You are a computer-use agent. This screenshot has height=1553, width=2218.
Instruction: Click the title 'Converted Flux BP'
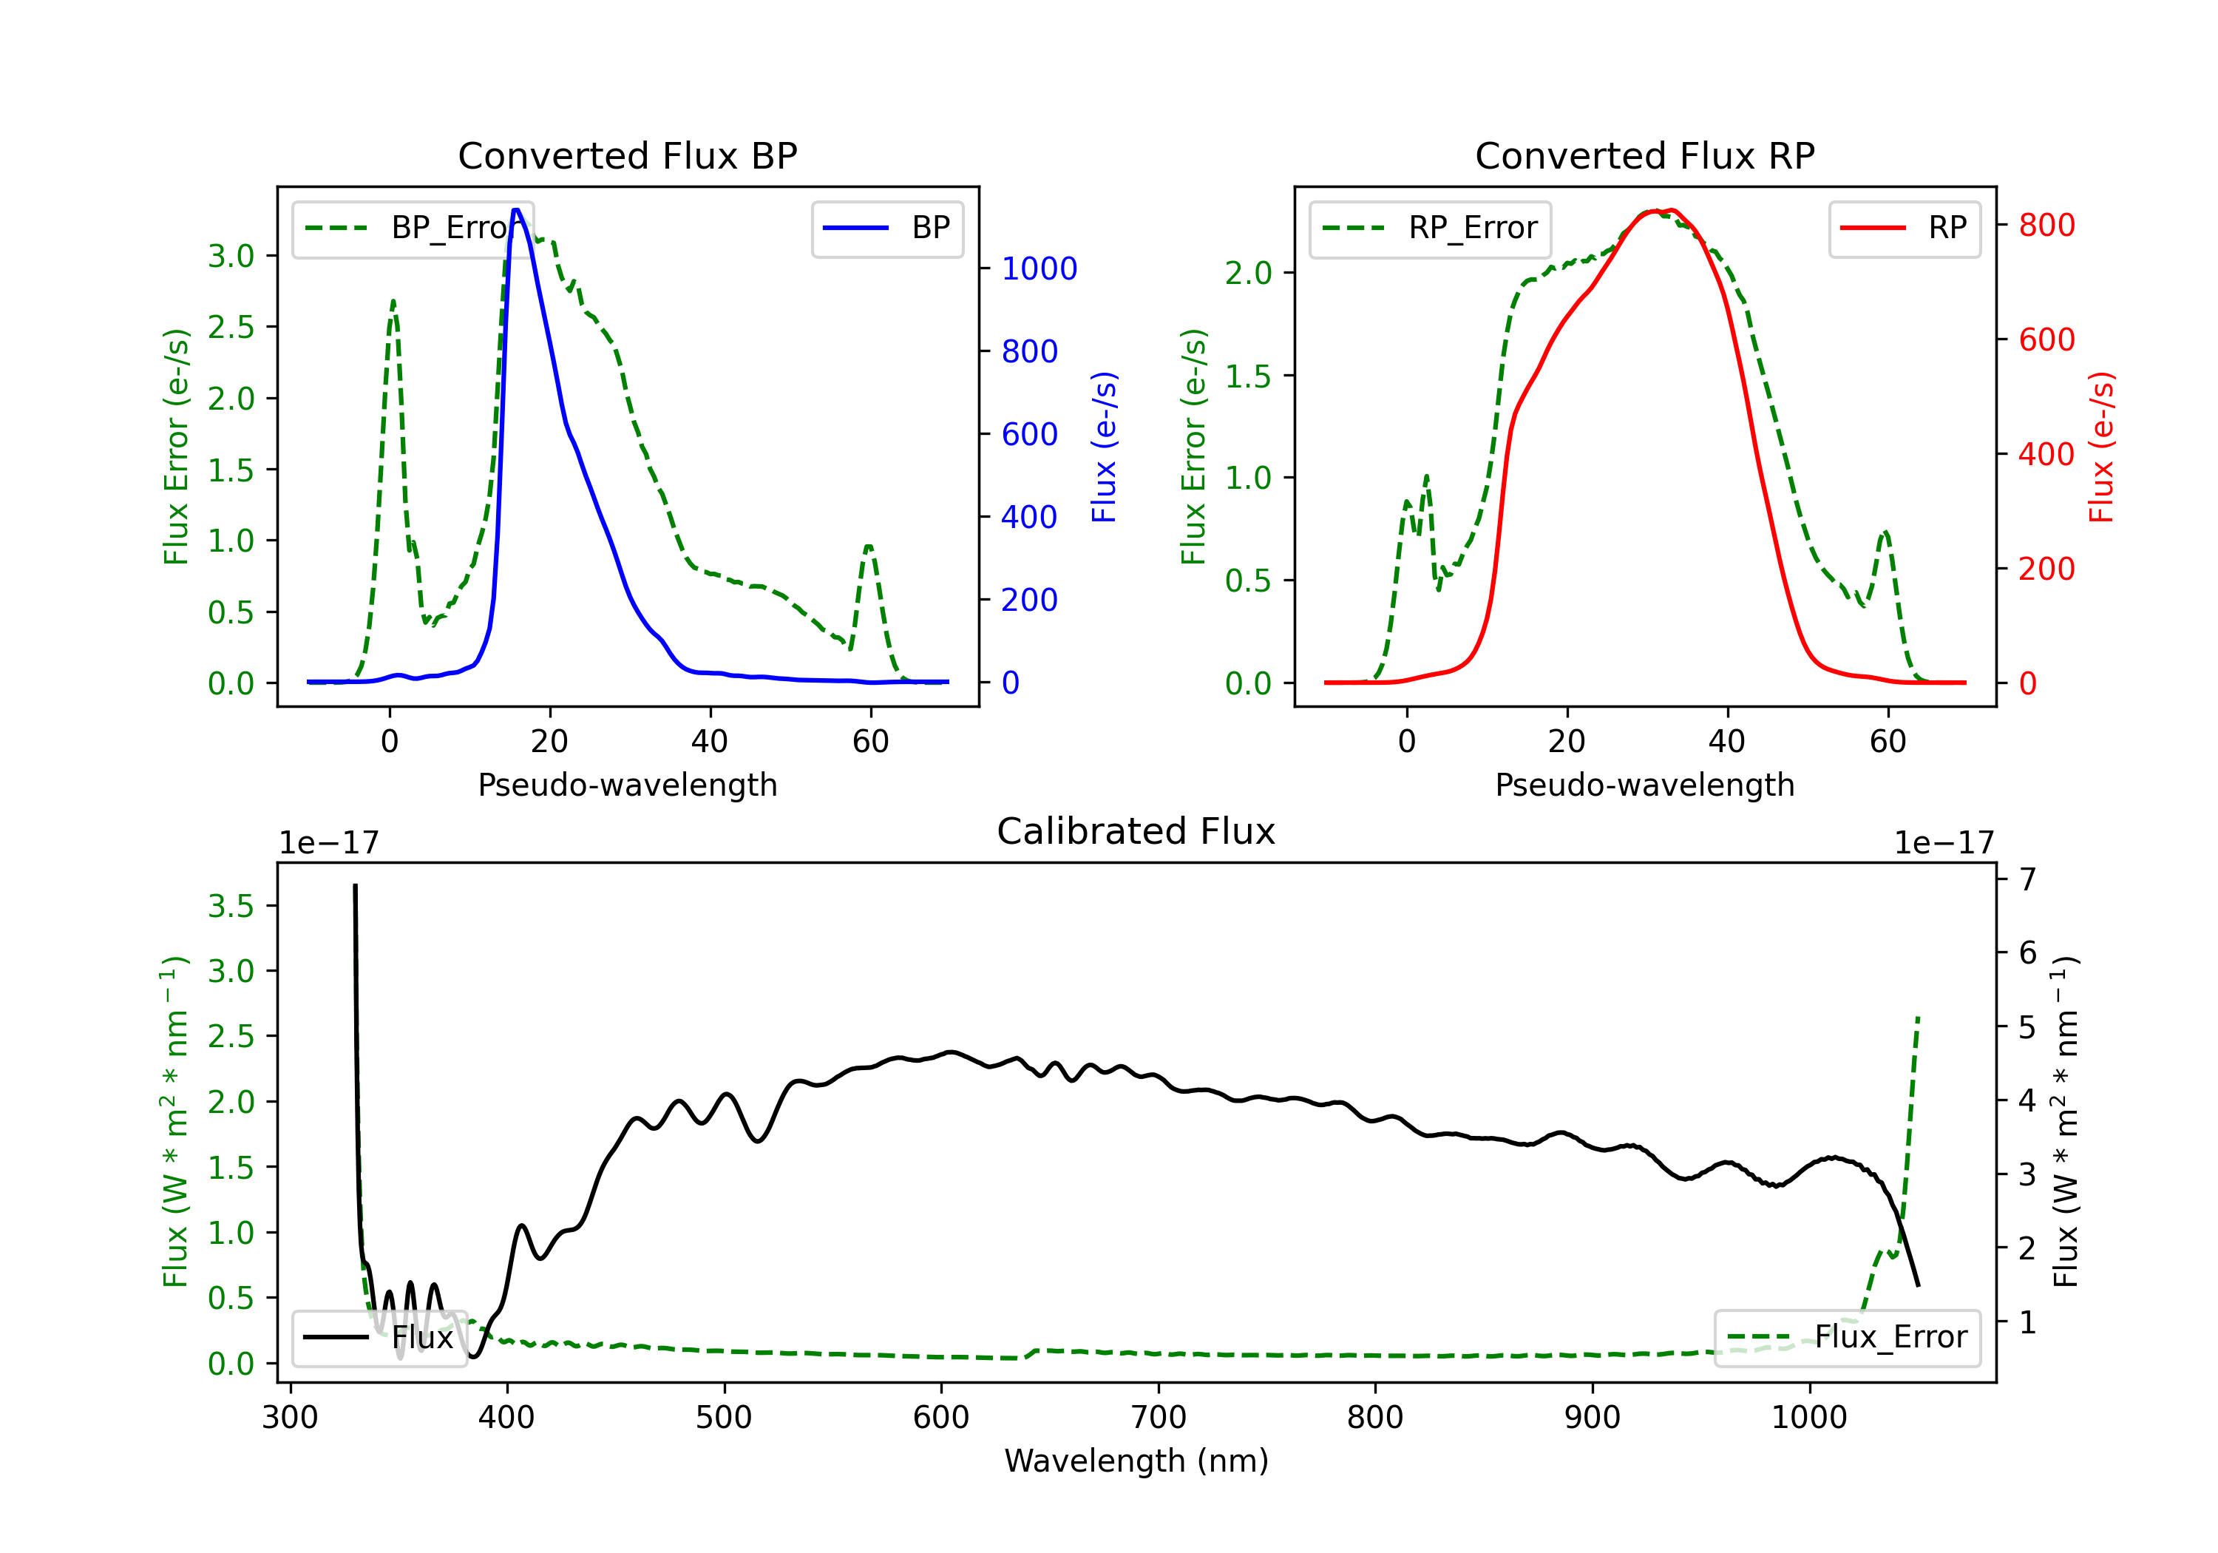627,155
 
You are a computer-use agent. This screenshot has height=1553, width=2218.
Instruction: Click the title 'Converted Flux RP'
1644,155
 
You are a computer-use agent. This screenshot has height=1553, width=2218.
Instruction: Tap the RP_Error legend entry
1430,228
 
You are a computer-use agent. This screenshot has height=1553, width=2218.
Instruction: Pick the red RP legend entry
1904,228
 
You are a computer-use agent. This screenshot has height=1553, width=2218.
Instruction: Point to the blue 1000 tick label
1039,268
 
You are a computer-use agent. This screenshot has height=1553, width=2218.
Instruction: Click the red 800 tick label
2046,225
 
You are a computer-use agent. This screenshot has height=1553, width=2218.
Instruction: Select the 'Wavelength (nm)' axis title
1136,1461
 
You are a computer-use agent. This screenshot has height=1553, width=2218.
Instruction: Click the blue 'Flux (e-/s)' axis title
1104,447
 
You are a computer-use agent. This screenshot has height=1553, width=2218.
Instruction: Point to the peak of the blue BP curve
517,210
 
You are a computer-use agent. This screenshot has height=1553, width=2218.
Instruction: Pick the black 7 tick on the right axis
2028,879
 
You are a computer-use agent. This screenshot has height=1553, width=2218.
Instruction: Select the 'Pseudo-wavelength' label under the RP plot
1644,785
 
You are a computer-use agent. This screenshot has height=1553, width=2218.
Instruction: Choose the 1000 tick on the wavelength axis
1808,1418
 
